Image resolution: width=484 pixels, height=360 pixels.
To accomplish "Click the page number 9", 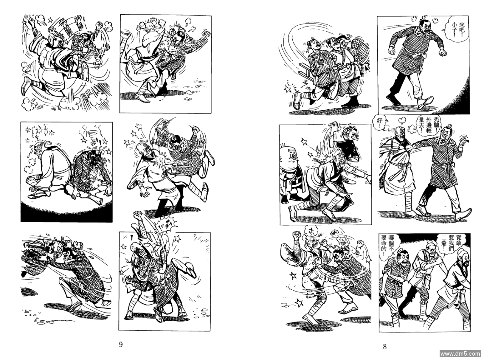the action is (121, 344).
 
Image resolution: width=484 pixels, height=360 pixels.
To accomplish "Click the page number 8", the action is (385, 347).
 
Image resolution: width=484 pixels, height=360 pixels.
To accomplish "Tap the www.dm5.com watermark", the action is (461, 353).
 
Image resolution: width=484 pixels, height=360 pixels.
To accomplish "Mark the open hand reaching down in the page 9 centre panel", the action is (145, 192).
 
